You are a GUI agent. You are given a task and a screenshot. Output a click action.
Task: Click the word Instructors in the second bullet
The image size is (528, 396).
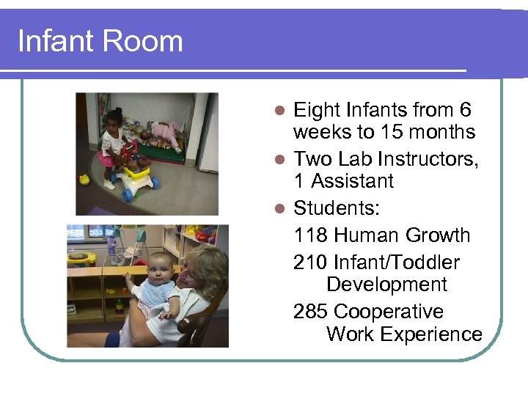432,158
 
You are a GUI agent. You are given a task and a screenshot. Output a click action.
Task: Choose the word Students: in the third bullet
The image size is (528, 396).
337,208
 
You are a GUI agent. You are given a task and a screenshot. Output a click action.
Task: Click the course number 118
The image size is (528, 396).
310,235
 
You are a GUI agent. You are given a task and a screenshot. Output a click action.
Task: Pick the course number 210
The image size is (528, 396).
310,263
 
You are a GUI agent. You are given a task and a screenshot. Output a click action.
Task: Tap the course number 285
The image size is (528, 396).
310,312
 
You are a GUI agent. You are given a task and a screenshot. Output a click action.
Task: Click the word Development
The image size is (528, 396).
386,285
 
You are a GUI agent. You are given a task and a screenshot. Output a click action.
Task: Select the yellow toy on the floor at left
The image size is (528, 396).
85,179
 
